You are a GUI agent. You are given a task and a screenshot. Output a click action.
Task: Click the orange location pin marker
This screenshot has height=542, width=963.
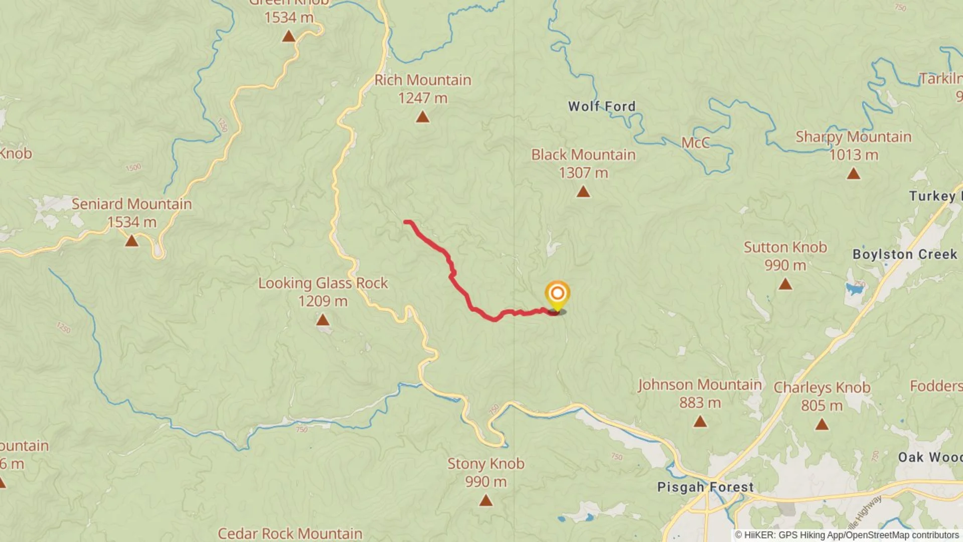pos(557,294)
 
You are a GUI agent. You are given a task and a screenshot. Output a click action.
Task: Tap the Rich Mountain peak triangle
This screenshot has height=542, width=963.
pos(423,117)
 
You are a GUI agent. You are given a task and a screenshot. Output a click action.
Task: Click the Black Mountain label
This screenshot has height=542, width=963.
pos(583,155)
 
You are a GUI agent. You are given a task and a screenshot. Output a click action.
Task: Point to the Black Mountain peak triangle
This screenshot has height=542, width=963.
pos(583,192)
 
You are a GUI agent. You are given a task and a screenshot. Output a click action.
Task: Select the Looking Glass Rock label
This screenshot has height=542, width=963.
pos(323,283)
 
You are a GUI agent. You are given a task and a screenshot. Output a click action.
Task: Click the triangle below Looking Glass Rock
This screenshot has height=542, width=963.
pos(323,320)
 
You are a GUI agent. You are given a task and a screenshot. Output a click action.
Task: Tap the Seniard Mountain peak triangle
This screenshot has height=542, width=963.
pos(131,241)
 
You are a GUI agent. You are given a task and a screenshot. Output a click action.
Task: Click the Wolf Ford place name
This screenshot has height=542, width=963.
pos(601,106)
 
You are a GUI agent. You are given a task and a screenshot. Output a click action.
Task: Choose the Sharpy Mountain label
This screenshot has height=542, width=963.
pos(853,137)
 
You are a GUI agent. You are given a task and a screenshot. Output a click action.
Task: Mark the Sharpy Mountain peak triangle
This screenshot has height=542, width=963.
pos(853,174)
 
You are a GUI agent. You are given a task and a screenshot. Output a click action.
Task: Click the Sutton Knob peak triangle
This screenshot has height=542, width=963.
pos(785,285)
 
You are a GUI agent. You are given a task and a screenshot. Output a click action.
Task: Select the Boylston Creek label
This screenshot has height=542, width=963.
pos(905,254)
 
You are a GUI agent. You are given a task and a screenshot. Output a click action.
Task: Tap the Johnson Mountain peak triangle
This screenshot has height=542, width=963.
pos(700,422)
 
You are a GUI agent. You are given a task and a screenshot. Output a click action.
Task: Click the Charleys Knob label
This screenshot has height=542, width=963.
pos(822,387)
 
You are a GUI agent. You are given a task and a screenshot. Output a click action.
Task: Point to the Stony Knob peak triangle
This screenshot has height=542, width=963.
pos(486,500)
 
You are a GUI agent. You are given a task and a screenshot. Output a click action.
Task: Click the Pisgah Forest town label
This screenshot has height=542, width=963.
pos(705,487)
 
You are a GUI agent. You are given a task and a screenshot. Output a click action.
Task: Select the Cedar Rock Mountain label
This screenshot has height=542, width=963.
pos(290,533)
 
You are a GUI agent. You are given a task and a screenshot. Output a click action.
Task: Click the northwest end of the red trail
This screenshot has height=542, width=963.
pos(406,222)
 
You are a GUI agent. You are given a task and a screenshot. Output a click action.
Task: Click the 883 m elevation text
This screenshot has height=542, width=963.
pos(700,402)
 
